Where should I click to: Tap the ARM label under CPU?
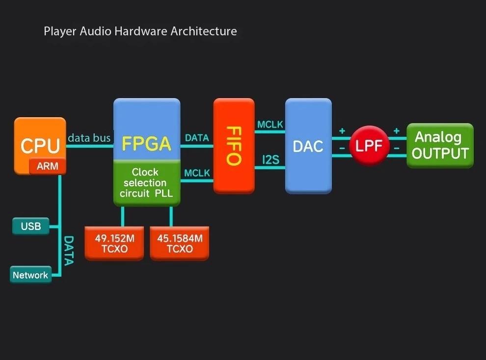point(48,166)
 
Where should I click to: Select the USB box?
point(30,227)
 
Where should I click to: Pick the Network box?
point(30,275)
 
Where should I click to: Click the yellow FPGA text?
point(146,144)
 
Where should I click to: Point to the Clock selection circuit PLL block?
point(146,182)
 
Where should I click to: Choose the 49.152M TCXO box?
point(114,243)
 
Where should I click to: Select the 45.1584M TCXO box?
point(179,243)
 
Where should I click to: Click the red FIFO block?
point(234,146)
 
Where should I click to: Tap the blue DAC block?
point(308,146)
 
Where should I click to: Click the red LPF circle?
point(369,146)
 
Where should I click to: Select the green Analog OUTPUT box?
point(440,146)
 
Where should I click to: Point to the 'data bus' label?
point(89,138)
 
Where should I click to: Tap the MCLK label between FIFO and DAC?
point(270,125)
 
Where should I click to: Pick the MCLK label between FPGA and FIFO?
point(197,173)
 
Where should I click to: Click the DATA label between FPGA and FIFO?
point(197,138)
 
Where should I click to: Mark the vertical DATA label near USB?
point(69,250)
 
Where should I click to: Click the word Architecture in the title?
point(203,31)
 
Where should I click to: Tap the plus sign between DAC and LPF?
point(342,131)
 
